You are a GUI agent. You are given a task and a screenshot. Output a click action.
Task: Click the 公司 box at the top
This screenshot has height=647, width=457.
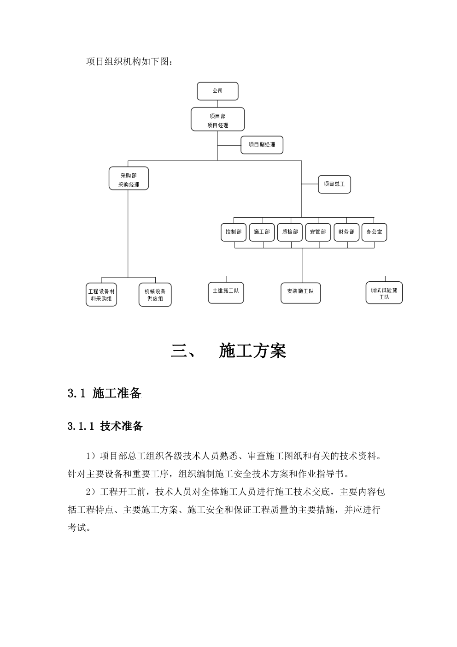(217, 91)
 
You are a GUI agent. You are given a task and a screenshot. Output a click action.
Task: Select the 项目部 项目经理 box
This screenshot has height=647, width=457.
(217, 119)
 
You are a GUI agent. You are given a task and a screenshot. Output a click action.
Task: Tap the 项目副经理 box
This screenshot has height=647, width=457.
(262, 145)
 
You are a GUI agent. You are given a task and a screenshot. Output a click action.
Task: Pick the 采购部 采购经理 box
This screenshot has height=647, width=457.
(129, 178)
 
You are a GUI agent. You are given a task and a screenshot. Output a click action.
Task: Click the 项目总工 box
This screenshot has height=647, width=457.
(334, 184)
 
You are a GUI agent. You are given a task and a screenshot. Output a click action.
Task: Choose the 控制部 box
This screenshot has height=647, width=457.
(234, 232)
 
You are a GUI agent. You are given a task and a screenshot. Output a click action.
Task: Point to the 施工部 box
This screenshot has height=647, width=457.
(262, 232)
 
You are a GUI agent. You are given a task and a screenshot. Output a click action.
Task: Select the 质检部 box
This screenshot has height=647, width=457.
(290, 232)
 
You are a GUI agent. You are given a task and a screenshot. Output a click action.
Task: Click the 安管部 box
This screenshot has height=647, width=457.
(318, 232)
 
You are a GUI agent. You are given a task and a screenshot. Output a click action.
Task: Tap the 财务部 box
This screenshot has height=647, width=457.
(346, 232)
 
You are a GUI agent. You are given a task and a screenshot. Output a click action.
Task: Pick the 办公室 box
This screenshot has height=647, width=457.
(374, 232)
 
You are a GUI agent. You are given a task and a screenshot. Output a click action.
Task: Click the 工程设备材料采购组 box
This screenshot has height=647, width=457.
(101, 295)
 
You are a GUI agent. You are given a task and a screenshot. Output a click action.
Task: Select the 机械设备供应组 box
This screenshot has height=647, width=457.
(155, 295)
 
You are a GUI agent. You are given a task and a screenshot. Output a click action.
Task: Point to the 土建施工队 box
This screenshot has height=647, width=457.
(226, 293)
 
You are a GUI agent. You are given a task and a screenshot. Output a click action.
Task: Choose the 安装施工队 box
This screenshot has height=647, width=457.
(301, 293)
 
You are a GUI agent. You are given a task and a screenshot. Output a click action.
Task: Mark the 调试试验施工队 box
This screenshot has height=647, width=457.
(384, 293)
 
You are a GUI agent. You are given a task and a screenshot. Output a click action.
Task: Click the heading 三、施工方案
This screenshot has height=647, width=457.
(228, 351)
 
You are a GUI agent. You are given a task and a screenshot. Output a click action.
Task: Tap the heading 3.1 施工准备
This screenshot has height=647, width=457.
(105, 393)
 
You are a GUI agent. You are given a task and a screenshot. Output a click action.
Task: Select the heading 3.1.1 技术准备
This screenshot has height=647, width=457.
(105, 426)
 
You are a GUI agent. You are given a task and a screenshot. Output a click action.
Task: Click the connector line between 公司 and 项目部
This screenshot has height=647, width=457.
(217, 104)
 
